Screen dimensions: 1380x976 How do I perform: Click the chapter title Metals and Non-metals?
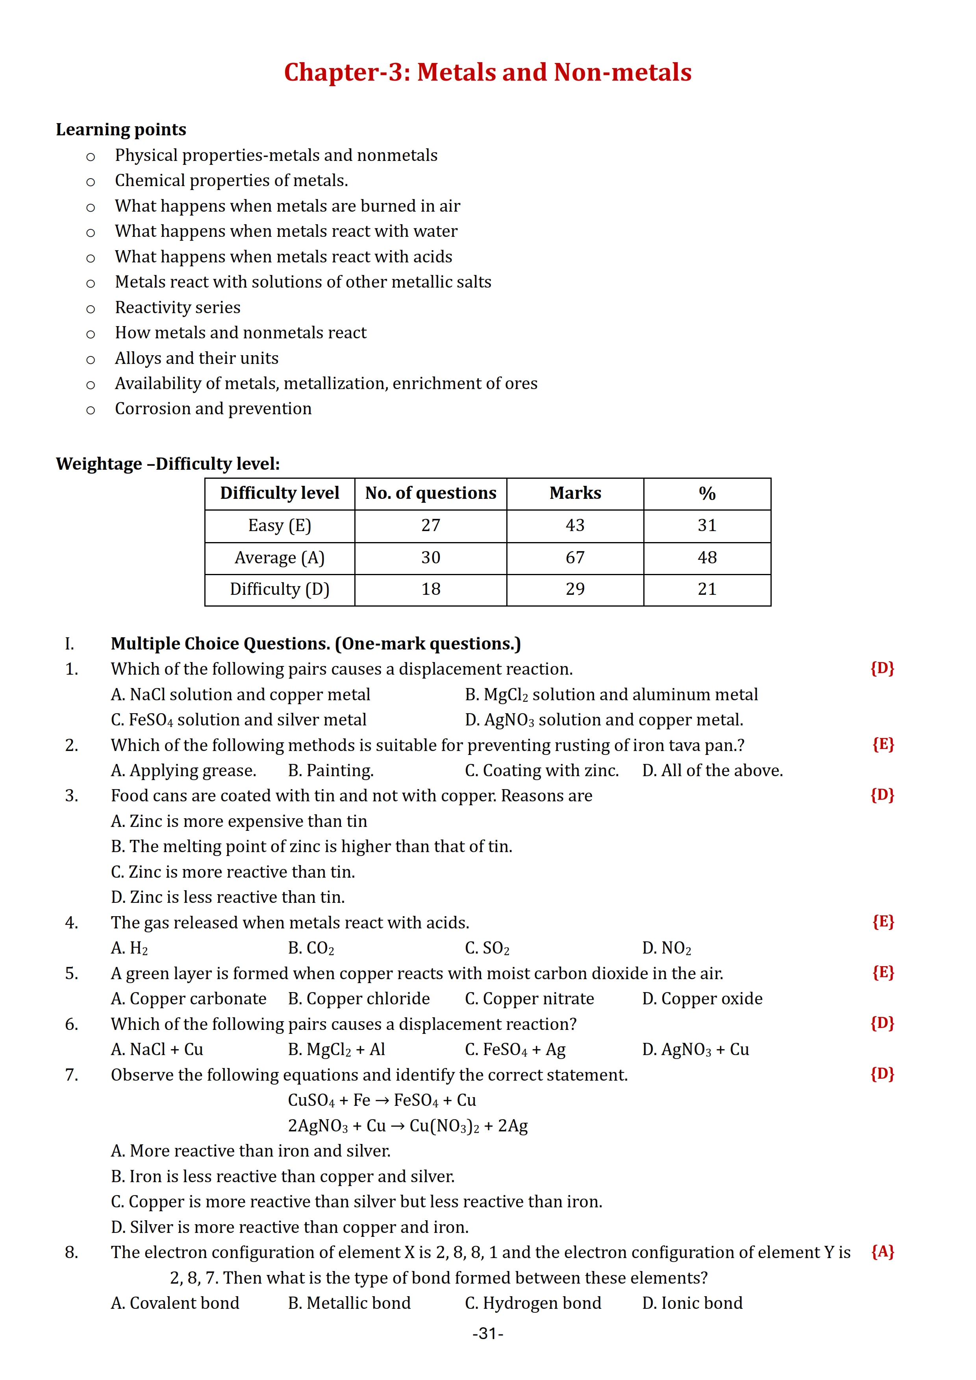pyautogui.click(x=488, y=72)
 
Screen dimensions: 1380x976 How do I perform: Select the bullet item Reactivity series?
pyautogui.click(x=178, y=307)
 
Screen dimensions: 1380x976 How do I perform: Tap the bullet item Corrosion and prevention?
pyautogui.click(x=213, y=409)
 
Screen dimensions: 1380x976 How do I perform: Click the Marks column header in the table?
pyautogui.click(x=575, y=493)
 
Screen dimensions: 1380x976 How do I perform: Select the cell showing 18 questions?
pyautogui.click(x=431, y=589)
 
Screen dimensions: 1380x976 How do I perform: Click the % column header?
pyautogui.click(x=707, y=493)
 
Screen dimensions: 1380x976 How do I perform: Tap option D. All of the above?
pyautogui.click(x=712, y=771)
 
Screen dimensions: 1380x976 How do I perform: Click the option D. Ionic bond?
pyautogui.click(x=692, y=1303)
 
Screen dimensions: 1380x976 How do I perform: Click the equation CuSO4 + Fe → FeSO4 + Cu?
pyautogui.click(x=382, y=1100)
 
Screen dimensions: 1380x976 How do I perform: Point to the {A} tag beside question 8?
pyautogui.click(x=883, y=1252)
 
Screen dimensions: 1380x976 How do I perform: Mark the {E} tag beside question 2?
pyautogui.click(x=883, y=745)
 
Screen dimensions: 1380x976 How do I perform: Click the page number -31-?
pyautogui.click(x=488, y=1334)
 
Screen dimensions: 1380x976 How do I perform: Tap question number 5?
pyautogui.click(x=72, y=973)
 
